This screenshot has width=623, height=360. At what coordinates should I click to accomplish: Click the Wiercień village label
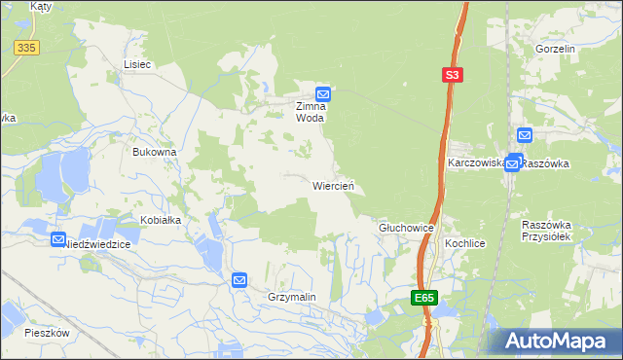coord(338,185)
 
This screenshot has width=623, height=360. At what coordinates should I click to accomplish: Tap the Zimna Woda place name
coord(316,112)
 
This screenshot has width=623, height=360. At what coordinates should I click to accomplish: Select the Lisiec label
coord(137,64)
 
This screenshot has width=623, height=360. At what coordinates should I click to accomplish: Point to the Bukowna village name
coord(155,152)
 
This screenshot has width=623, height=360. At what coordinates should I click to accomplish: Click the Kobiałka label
coord(161,220)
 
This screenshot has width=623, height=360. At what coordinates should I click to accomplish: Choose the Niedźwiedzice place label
coord(96,245)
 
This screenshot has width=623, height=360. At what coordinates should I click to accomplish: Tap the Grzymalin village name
coord(292,297)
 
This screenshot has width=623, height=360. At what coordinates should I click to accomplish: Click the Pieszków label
coord(48,332)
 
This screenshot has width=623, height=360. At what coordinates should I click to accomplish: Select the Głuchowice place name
coord(405,227)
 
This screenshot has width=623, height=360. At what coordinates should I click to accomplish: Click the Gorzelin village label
coord(556,49)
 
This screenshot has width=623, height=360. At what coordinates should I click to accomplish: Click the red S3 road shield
coord(451,74)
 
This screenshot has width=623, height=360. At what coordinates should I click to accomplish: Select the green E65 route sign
coord(422,298)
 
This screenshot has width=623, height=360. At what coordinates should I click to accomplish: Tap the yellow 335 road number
coord(26,46)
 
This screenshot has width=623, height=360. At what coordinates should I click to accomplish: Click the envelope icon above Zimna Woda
coord(325,93)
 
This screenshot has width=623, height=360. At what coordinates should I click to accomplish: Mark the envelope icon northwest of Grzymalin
coord(239,280)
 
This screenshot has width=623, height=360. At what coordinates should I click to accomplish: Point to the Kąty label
coord(41,6)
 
